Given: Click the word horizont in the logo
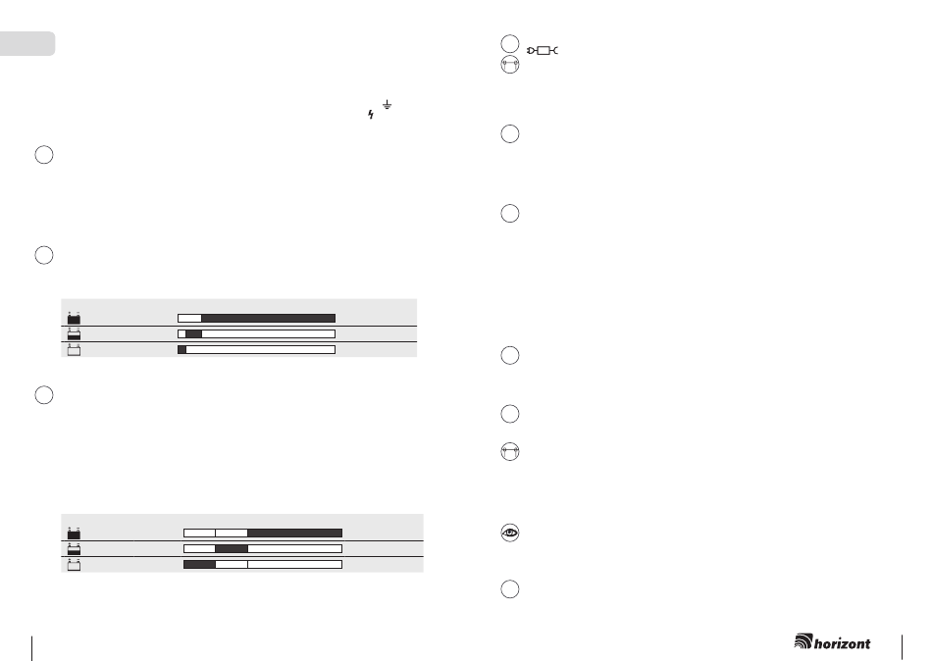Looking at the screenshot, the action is [843, 643].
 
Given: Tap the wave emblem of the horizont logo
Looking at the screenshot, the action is [803, 640].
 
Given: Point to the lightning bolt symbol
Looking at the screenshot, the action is [371, 115].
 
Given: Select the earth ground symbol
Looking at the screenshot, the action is [387, 105].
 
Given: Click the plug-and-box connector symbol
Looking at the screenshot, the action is [543, 51].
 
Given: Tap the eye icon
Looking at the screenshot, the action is [510, 533].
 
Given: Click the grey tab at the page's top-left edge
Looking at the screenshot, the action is [27, 43].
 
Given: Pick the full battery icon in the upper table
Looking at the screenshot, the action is [74, 318].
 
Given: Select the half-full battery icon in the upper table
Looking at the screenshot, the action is [74, 333].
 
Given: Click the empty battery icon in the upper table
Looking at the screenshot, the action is [74, 349].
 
